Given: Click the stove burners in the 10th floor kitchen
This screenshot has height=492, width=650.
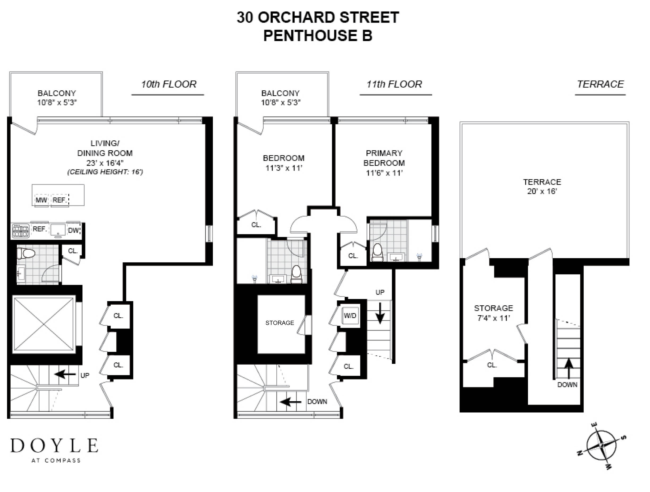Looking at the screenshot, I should click(21, 231).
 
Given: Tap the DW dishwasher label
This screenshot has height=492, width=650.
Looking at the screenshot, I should click(73, 230).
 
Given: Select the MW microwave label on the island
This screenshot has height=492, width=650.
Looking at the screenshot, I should click(41, 200).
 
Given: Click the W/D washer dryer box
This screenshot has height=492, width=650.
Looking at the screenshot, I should click(350, 316).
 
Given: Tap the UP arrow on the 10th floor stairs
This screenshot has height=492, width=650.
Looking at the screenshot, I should click(65, 374).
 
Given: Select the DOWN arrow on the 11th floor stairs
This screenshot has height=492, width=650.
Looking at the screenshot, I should click(290, 402).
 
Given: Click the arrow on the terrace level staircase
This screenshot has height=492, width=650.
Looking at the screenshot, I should click(569, 368).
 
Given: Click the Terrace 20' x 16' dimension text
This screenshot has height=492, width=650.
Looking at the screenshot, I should click(542, 191).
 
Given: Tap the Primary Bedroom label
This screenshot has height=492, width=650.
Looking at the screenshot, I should click(384, 158).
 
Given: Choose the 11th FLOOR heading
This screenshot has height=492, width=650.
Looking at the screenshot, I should click(394, 84).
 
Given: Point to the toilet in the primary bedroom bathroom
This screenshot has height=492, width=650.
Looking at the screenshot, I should click(378, 252).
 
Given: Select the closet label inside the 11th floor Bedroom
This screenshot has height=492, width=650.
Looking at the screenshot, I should click(256, 225).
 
